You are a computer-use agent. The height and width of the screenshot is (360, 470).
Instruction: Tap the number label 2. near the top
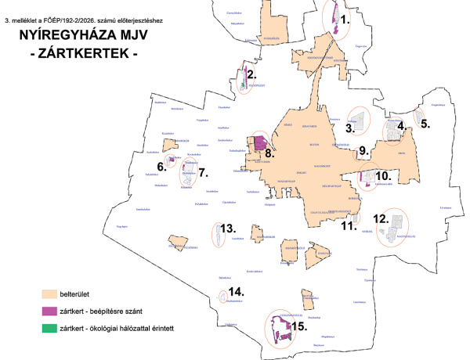click(x=252, y=76)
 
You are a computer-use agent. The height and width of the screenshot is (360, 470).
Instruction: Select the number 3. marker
click(x=352, y=128)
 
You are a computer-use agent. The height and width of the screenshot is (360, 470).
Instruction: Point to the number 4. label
click(x=401, y=124)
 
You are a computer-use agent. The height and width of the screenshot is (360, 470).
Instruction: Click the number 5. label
click(x=425, y=122)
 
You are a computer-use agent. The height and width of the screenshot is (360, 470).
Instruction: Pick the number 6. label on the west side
click(x=161, y=165)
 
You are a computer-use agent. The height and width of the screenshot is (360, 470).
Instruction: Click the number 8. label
click(x=269, y=154)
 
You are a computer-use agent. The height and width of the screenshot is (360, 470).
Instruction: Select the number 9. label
click(x=362, y=150)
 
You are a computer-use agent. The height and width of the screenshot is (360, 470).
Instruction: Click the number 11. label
click(x=348, y=225)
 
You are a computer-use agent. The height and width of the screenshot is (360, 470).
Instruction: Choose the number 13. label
click(x=228, y=229)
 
